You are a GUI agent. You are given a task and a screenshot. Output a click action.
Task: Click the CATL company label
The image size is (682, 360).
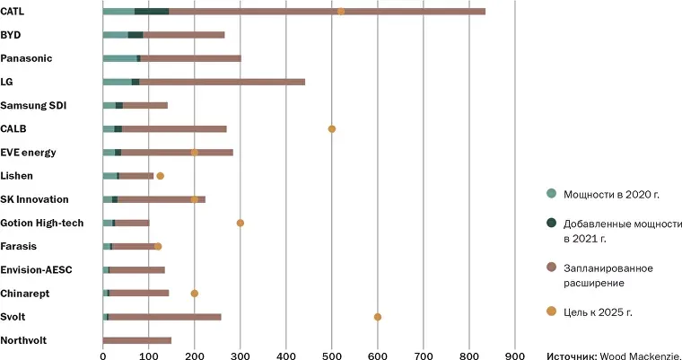pyautogui.click(x=13, y=12)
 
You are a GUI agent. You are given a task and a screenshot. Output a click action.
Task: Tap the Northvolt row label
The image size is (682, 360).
pyautogui.click(x=23, y=340)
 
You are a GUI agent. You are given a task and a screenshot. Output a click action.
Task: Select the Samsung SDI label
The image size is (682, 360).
pyautogui.click(x=28, y=105)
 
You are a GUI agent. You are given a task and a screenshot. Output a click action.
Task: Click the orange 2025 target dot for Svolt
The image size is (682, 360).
pyautogui.click(x=377, y=317)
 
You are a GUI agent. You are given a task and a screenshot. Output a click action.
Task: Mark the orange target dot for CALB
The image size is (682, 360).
pyautogui.click(x=332, y=129)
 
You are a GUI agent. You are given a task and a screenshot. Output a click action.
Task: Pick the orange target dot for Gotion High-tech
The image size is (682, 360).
pyautogui.click(x=240, y=223)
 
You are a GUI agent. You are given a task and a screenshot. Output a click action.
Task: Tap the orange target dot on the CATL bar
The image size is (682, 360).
pyautogui.click(x=340, y=12)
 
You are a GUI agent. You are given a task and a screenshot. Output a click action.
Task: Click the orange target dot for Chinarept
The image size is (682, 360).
pyautogui.click(x=194, y=294)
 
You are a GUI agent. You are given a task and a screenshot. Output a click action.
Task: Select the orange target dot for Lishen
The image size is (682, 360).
pyautogui.click(x=160, y=176)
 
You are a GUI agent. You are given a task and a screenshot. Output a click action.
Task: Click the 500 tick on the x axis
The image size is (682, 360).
pyautogui.click(x=332, y=354)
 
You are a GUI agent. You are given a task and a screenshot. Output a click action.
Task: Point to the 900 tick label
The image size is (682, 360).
pyautogui.click(x=514, y=354)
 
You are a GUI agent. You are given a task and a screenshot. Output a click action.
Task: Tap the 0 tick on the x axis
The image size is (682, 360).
pyautogui.click(x=103, y=354)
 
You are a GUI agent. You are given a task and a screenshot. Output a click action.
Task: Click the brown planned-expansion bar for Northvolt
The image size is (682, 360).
pyautogui.click(x=136, y=340)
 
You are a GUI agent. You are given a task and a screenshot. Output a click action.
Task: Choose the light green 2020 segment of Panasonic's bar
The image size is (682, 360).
pyautogui.click(x=119, y=58)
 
